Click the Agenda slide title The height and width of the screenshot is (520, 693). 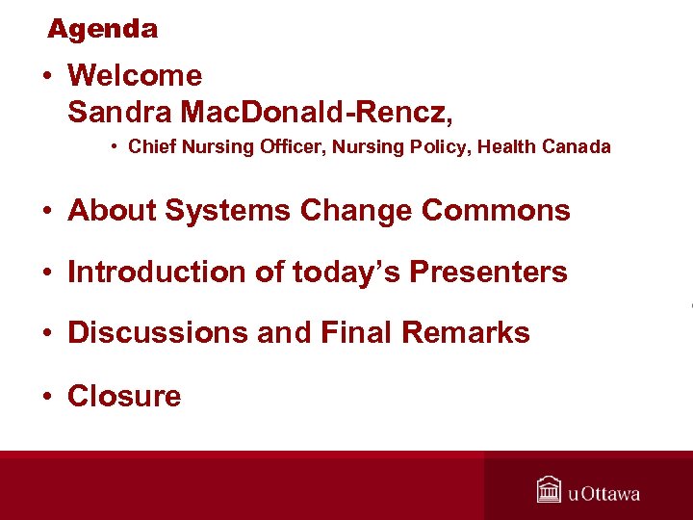(x=102, y=29)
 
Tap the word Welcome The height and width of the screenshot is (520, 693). (x=135, y=76)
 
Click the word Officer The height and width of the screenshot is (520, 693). (x=255, y=147)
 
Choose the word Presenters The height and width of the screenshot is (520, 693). (x=488, y=273)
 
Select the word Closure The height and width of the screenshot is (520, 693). (x=124, y=396)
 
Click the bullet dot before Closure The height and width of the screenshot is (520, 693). (x=47, y=397)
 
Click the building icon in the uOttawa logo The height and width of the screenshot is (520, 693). (x=549, y=490)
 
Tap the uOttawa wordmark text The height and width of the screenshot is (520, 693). (x=603, y=494)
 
